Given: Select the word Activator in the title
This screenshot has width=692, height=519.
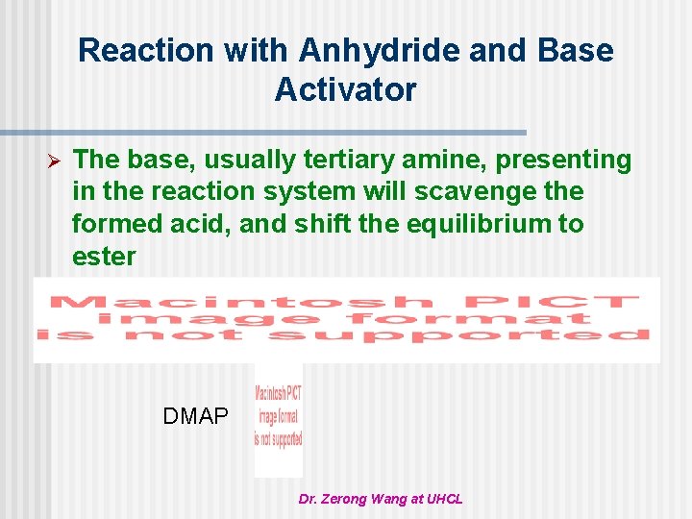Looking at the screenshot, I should [346, 89].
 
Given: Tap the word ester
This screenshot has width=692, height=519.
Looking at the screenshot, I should [104, 258].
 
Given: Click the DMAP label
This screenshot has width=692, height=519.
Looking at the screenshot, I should [196, 416].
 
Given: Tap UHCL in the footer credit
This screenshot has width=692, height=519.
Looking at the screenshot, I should [444, 499].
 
